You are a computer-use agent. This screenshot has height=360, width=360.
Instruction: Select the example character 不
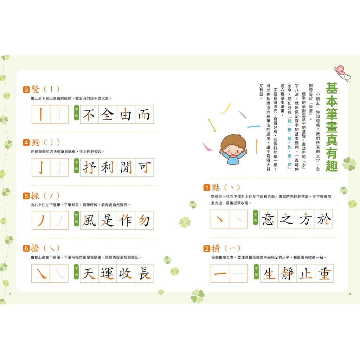pyautogui.click(x=89, y=114)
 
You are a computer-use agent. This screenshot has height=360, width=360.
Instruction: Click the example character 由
pyautogui.click(x=126, y=114)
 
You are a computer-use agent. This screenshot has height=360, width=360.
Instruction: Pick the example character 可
pyautogui.click(x=144, y=167)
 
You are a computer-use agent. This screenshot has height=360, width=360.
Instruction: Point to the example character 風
pyautogui.click(x=89, y=220)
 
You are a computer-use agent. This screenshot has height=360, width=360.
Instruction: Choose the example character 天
pyautogui.click(x=89, y=274)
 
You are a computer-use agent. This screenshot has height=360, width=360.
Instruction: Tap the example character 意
pyautogui.click(x=268, y=219)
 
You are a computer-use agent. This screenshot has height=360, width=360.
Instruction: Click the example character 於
pyautogui.click(x=323, y=219)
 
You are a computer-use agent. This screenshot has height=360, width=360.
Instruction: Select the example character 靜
pyautogui.click(x=288, y=274)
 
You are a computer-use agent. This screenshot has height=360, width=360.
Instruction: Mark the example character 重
pyautogui.click(x=324, y=274)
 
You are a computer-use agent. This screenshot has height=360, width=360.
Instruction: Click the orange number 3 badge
pyautogui.click(x=26, y=90)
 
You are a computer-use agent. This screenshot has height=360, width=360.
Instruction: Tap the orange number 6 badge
pyautogui.click(x=26, y=249)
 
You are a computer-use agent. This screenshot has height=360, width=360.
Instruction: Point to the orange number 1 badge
pyautogui.click(x=207, y=188)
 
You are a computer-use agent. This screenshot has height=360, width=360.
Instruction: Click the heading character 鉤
pyautogui.click(x=36, y=143)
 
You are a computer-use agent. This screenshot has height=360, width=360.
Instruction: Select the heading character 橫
pyautogui.click(x=216, y=249)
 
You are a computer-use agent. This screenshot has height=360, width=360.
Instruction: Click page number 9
pyautogui.click(x=10, y=294)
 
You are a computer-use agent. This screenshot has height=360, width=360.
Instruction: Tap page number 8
pyautogui.click(x=350, y=294)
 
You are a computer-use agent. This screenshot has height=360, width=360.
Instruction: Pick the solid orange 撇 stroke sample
pyautogui.click(x=41, y=220)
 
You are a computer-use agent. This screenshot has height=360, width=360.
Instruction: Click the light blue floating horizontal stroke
pyautogui.click(x=253, y=127)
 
